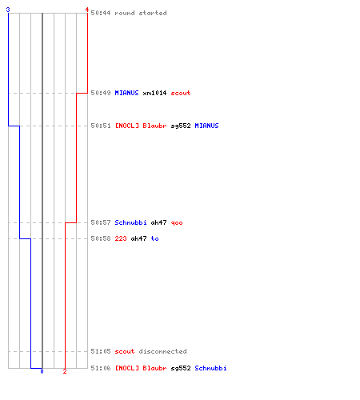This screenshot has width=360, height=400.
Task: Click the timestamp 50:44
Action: tap(101, 13)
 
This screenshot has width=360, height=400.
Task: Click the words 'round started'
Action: tap(141, 13)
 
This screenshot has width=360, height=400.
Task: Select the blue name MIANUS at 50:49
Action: tap(126, 93)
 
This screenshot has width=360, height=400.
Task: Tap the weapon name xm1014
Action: tap(154, 93)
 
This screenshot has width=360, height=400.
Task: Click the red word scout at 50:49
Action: tap(181, 93)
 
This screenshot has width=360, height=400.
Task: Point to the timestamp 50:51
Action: tap(101, 126)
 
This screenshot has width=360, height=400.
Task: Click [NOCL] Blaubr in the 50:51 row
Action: tap(141, 126)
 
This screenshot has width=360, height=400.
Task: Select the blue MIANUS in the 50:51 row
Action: tap(206, 126)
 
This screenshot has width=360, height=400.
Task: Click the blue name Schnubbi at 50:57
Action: tap(130, 222)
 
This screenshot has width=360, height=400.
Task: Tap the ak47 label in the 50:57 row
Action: tap(158, 222)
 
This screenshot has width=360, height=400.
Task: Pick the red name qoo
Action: tap(177, 222)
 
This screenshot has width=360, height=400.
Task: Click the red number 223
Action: tap(121, 238)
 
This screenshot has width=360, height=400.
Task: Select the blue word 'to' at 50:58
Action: tap(154, 238)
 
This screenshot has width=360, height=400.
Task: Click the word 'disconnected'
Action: tap(162, 351)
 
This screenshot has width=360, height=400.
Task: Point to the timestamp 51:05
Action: tap(101, 351)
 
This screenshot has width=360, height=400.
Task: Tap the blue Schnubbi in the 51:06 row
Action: tap(210, 368)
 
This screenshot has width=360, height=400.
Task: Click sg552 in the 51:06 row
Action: tap(181, 368)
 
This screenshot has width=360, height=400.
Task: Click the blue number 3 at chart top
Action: tap(8, 10)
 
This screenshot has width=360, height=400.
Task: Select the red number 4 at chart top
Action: tap(86, 10)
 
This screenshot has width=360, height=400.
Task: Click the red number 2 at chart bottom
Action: tap(65, 371)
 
